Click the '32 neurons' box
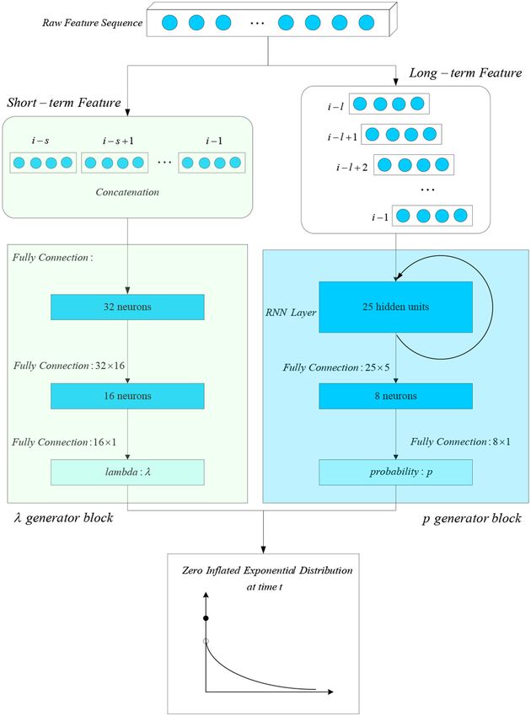click(127, 307)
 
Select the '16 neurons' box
click(127, 396)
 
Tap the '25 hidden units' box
click(396, 307)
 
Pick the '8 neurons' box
click(396, 396)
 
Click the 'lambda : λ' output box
click(127, 473)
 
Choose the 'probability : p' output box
click(396, 473)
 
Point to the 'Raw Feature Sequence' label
click(93, 23)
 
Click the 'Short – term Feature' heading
click(64, 102)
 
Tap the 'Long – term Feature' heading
click(465, 73)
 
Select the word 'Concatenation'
click(127, 192)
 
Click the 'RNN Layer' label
click(291, 313)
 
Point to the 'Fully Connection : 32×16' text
click(69, 366)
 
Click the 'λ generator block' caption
click(63, 518)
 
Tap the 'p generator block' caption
click(472, 519)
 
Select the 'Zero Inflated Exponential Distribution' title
click(267, 570)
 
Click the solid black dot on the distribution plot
click(206, 618)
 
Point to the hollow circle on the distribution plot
click(206, 641)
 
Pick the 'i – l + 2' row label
click(351, 168)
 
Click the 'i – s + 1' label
click(118, 142)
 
